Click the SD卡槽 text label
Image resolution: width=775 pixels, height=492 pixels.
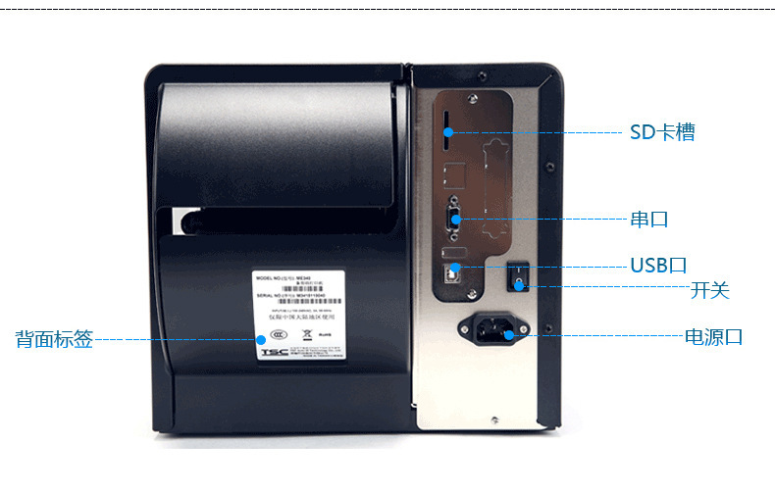(x=662, y=132)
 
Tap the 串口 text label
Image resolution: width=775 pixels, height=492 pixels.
(x=648, y=219)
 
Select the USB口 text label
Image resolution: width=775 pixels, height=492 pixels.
(x=658, y=266)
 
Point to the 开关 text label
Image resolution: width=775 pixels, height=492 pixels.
(x=709, y=291)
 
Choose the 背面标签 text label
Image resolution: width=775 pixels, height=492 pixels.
(x=54, y=340)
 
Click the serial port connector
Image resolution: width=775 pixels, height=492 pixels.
(x=453, y=218)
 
